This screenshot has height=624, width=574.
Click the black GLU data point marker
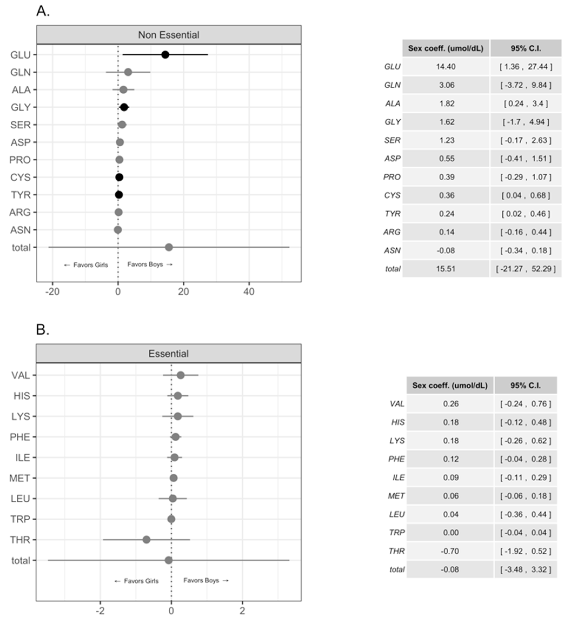[165, 55]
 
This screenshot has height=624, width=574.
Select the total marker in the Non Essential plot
[169, 247]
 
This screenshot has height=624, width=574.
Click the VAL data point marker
[181, 375]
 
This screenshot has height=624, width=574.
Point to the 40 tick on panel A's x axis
[249, 292]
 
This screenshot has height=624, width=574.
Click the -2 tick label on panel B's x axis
[100, 611]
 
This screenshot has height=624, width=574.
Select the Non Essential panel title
[169, 35]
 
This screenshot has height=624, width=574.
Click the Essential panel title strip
[168, 353]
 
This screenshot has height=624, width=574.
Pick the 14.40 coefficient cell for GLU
[446, 66]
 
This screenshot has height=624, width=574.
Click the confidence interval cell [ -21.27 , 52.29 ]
[526, 269]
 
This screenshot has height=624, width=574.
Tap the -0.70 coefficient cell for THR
[450, 551]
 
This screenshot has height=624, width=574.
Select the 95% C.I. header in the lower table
[526, 385]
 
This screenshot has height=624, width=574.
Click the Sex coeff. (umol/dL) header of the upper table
[446, 48]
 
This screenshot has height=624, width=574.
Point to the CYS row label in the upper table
[392, 195]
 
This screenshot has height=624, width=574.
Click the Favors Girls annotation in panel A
[86, 265]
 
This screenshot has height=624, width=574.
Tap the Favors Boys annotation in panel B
[206, 580]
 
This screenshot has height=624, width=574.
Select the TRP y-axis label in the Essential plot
[20, 519]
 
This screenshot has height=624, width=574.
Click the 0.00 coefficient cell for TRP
[451, 533]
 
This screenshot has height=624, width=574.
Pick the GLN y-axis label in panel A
[21, 72]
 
